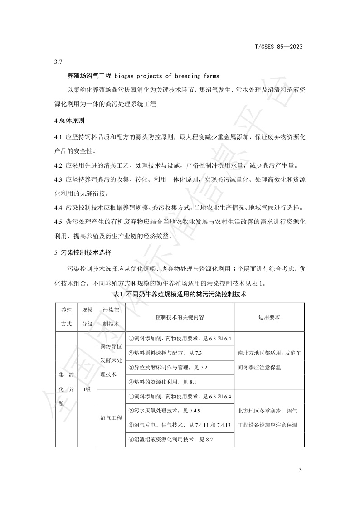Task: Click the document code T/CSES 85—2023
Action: click(x=279, y=47)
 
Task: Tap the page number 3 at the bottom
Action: click(x=301, y=470)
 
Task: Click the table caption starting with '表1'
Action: click(x=180, y=294)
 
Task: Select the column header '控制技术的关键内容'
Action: click(x=179, y=317)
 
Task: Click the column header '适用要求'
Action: click(x=269, y=317)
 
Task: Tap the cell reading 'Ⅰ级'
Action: click(x=87, y=389)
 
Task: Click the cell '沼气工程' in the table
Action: click(x=111, y=418)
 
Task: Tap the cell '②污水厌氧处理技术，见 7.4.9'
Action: click(x=165, y=411)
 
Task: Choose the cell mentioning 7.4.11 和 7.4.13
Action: click(x=180, y=425)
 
